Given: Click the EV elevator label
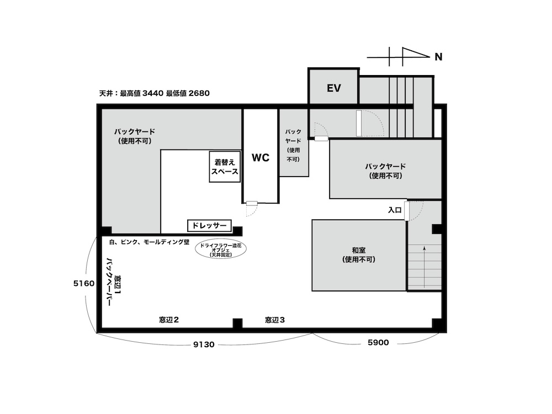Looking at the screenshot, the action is tap(334, 88).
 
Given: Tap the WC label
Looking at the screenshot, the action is tap(261, 157).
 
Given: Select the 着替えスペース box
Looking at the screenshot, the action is tap(225, 167).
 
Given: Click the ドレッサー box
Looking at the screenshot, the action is tap(209, 225).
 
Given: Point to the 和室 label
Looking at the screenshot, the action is tap(359, 250).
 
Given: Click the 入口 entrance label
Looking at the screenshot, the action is tap(395, 210).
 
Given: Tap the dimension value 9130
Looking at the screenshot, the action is tap(204, 344).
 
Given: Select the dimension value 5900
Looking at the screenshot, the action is tap(378, 343).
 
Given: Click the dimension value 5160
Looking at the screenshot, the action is tap(84, 283).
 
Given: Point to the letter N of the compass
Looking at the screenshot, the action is tap(438, 57).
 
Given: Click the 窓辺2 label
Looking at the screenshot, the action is tap(169, 320).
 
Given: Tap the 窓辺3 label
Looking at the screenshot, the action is tap(275, 320).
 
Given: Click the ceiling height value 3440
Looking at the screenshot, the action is tap(153, 93).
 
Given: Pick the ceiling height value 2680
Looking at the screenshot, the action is tap(199, 93).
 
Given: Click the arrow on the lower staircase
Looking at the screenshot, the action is tap(424, 267).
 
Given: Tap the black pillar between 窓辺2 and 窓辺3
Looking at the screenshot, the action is tap(237, 323).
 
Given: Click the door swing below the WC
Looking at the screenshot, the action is tap(252, 210).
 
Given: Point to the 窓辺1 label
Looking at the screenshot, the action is tap(119, 285).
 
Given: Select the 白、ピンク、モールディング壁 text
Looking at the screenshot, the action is tap(149, 242).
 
